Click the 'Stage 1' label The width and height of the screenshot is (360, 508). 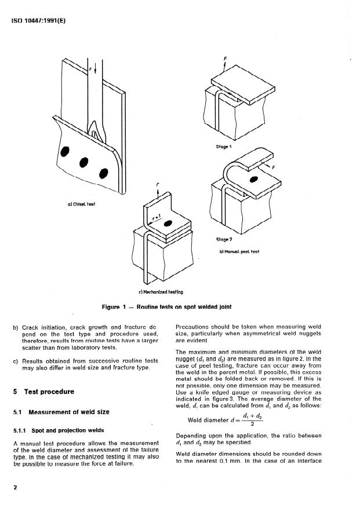click(x=223, y=148)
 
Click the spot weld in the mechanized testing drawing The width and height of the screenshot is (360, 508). click(x=168, y=223)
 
